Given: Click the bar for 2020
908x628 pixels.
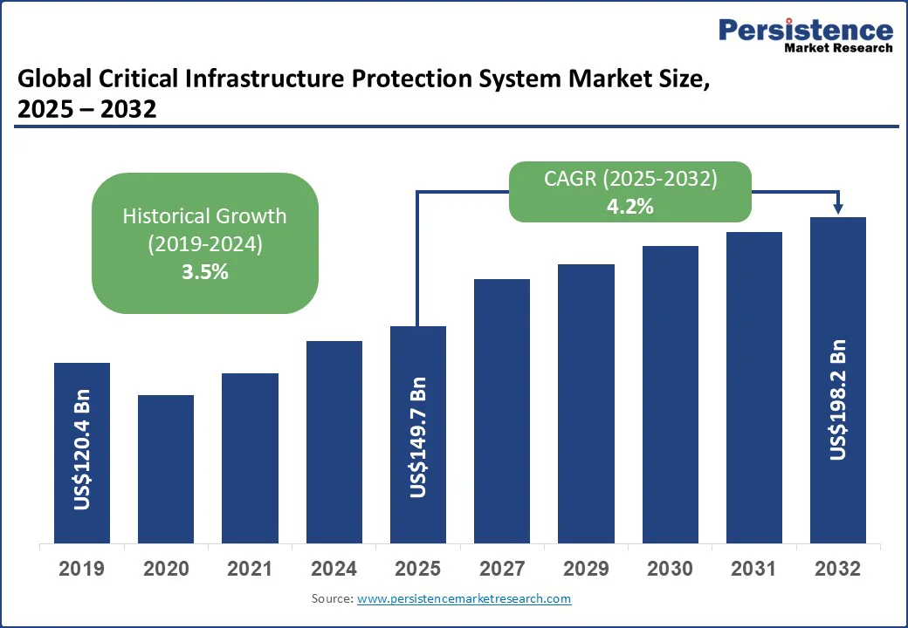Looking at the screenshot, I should tap(166, 469).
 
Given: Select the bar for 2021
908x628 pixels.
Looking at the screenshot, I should tap(250, 458).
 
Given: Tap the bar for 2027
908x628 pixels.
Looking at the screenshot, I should tap(502, 411).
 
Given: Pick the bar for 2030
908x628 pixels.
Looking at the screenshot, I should tap(671, 394).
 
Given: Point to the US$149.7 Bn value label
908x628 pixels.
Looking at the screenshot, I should tap(418, 437).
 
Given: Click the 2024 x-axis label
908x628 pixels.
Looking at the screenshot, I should tap(334, 569).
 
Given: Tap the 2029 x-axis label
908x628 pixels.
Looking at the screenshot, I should tap(586, 569).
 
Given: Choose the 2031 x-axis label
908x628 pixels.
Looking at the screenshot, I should tap(754, 569).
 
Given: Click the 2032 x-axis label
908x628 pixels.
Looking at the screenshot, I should tap(838, 569).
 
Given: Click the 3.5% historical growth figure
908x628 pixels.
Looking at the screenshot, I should tap(204, 271).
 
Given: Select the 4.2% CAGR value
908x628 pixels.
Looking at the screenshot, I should tap(629, 207).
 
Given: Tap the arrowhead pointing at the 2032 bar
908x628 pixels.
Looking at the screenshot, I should tap(838, 208).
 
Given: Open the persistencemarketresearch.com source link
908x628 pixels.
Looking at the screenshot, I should tap(464, 598).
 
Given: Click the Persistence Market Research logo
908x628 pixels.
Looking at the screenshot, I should tap(805, 36).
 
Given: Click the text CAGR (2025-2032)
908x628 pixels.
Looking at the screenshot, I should tap(629, 180).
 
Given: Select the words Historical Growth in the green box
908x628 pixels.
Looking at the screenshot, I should tap(204, 215).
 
